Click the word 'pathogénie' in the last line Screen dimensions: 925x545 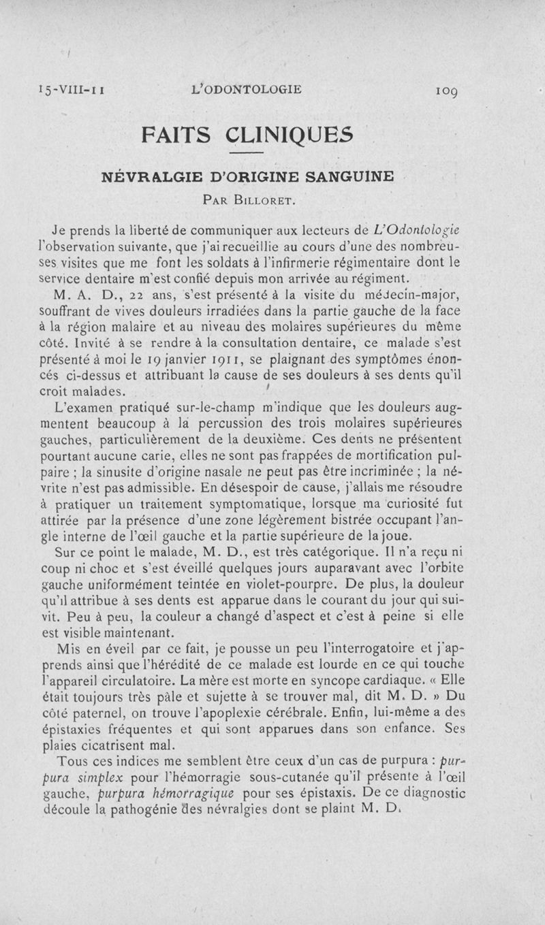[155, 810]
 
